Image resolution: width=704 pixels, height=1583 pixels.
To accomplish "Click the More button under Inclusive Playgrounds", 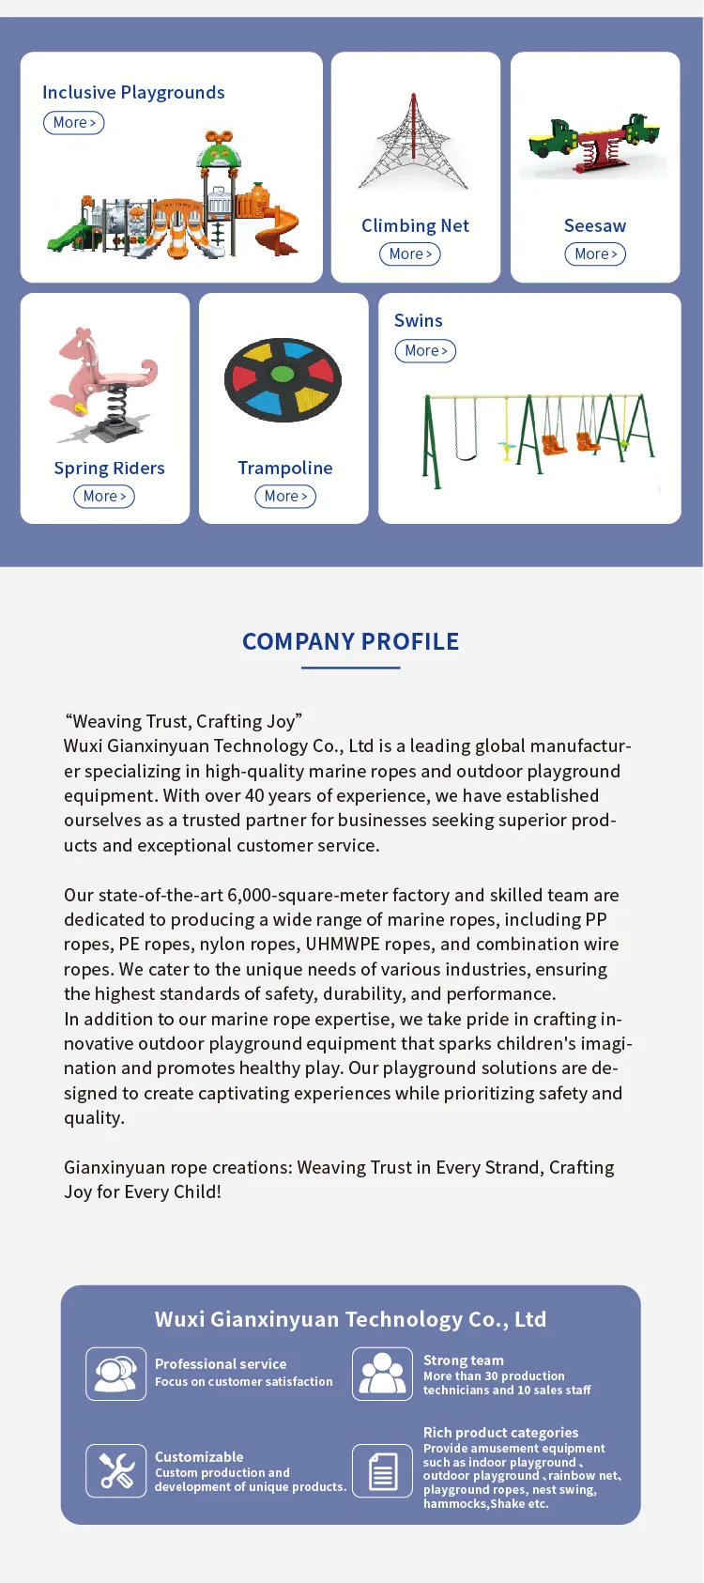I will tap(74, 123).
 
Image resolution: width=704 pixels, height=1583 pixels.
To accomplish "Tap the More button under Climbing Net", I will tap(410, 254).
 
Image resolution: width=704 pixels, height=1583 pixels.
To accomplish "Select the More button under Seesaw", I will tap(595, 254).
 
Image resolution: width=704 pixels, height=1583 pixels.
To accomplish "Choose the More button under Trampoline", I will tap(285, 497).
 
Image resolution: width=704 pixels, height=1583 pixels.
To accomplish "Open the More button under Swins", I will tap(425, 351).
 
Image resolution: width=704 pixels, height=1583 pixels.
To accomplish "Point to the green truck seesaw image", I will tap(594, 146).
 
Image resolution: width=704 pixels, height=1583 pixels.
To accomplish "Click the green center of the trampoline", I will tap(283, 375).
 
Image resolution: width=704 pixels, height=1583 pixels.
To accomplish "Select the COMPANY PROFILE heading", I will tap(351, 641).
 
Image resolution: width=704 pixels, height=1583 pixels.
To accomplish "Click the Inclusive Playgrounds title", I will tap(133, 92).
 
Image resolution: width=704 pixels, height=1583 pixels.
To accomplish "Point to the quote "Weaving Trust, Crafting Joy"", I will tap(184, 721).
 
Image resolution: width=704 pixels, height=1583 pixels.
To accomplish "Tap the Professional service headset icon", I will tap(116, 1374).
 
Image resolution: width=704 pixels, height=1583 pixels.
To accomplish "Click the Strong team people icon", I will tap(382, 1374).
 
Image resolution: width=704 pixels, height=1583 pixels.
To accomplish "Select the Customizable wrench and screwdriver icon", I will tap(116, 1470).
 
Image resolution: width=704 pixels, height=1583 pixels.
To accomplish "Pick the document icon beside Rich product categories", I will tap(382, 1470).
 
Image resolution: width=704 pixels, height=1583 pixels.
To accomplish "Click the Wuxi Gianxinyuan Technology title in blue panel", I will tap(350, 1319).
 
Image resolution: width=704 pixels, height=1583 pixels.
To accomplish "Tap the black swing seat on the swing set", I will tap(467, 457).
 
